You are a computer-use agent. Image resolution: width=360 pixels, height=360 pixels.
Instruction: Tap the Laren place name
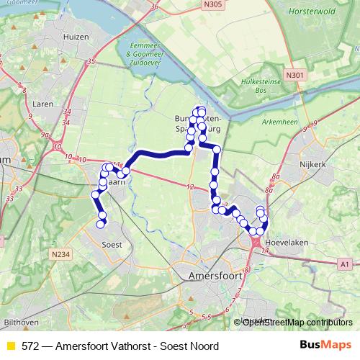coord(43,104)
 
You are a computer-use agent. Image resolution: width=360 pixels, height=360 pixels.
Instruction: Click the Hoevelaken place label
coord(287,243)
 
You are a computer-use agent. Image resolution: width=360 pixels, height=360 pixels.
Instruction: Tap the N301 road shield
coord(294,74)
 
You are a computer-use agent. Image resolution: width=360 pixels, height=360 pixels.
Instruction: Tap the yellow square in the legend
coord(11,345)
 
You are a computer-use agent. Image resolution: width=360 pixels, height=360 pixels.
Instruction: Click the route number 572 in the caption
coord(30,345)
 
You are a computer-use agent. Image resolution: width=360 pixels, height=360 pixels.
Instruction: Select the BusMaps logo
coord(326,345)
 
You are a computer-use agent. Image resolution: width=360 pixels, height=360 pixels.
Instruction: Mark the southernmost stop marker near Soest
coord(101,224)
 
